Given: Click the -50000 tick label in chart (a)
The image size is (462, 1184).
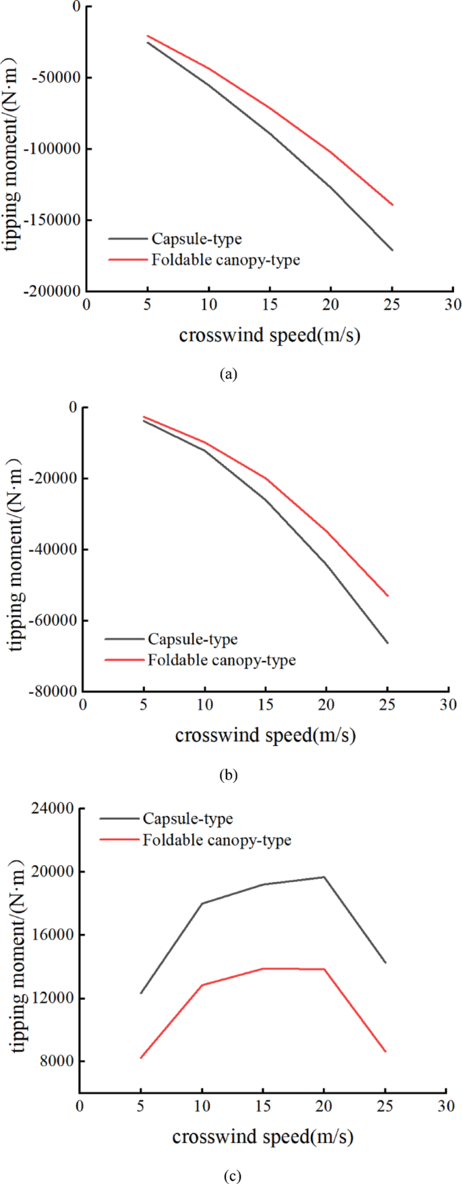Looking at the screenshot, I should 53,77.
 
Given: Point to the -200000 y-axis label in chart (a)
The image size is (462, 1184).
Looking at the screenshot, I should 51,291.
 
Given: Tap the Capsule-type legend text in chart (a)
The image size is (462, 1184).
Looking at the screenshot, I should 196,239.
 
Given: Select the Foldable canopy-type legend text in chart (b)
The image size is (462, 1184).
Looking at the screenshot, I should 221,660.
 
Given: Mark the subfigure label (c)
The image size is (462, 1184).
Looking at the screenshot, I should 231,1175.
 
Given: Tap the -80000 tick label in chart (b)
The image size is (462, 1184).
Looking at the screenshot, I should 52,691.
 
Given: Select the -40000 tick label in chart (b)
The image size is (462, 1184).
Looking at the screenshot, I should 52,550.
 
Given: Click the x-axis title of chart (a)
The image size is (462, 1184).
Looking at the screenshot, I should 269,335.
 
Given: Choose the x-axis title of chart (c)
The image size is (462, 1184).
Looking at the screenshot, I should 262,1137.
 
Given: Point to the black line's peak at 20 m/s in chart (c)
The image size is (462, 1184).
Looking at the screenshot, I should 324,877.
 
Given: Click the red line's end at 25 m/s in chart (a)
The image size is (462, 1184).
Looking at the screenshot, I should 393,205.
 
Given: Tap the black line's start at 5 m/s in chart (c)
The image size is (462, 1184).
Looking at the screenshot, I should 140,993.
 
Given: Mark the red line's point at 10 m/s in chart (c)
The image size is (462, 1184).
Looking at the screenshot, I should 202,985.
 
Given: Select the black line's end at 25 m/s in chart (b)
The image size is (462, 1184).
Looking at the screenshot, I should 388,643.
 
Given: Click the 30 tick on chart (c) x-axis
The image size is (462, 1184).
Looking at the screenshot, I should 446,1106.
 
